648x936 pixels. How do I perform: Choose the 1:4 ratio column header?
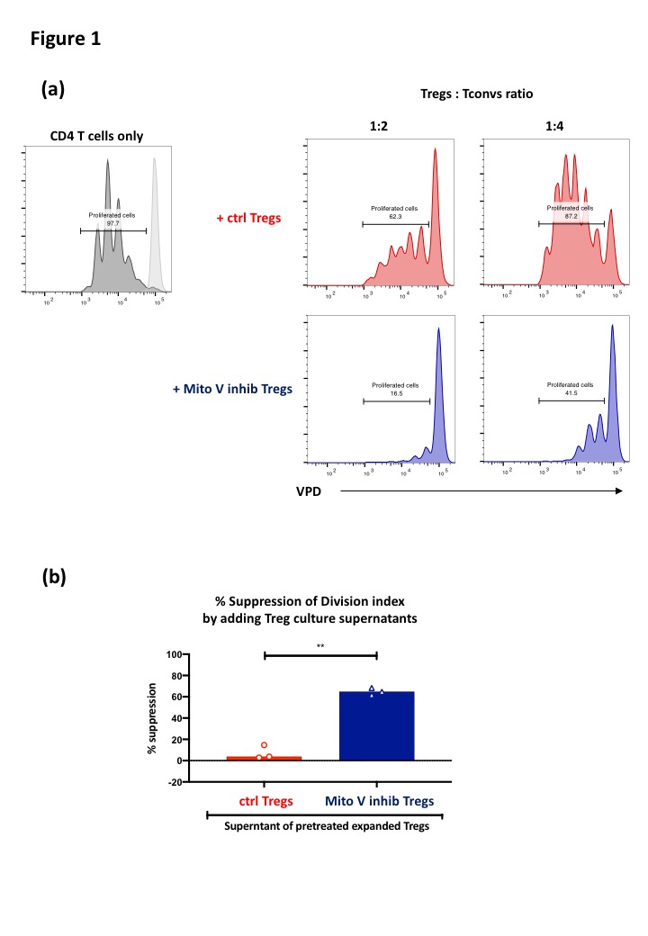coord(555,127)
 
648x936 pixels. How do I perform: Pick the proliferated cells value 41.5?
coord(570,392)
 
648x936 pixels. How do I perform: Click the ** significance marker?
coord(320,645)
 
